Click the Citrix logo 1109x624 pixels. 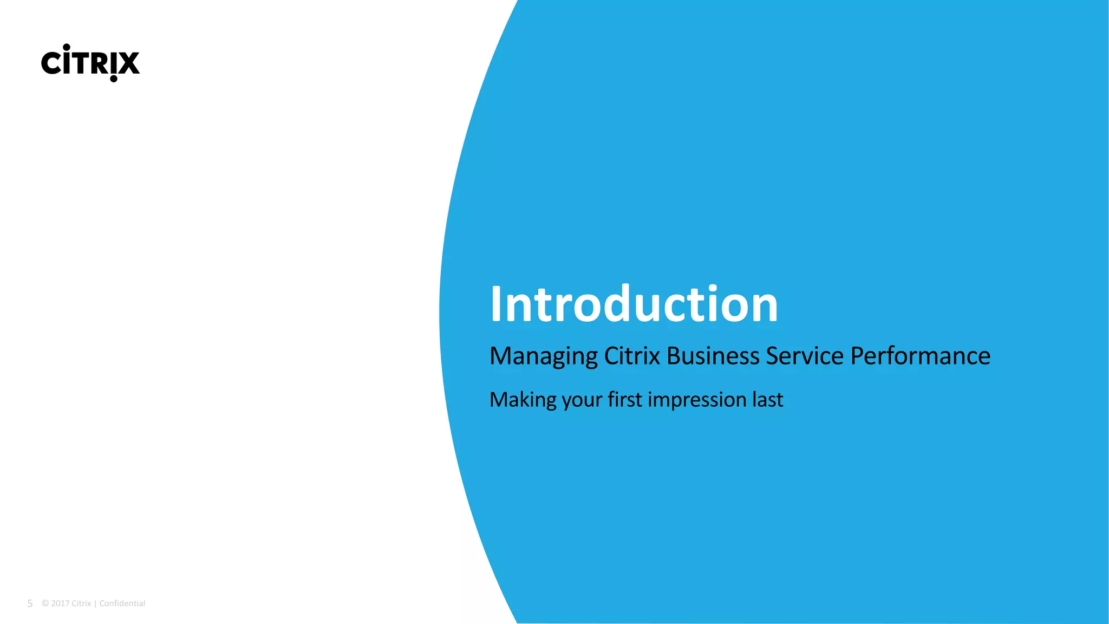pyautogui.click(x=90, y=63)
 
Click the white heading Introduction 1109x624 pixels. pyautogui.click(x=634, y=304)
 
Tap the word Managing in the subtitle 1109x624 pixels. pyautogui.click(x=543, y=356)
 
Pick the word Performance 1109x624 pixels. pyautogui.click(x=920, y=356)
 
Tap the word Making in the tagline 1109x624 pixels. pyautogui.click(x=523, y=400)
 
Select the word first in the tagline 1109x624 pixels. pyautogui.click(x=624, y=400)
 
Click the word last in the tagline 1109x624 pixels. pyautogui.click(x=767, y=400)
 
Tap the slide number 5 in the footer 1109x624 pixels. pyautogui.click(x=30, y=603)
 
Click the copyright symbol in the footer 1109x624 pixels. pyautogui.click(x=45, y=603)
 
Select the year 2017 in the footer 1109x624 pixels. pyautogui.click(x=60, y=603)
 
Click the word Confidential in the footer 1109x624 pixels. pyautogui.click(x=122, y=603)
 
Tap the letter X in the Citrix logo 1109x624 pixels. pyautogui.click(x=129, y=63)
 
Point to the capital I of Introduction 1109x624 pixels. pyautogui.click(x=495, y=304)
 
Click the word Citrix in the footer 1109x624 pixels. pyautogui.click(x=81, y=603)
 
